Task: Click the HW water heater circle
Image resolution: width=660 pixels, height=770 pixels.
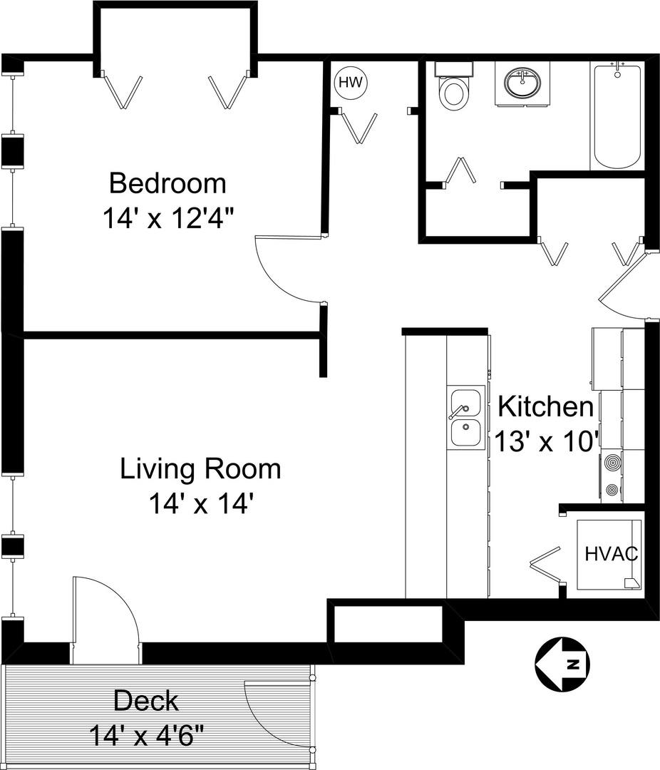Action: tap(351, 82)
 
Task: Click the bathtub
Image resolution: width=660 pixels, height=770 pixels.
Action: tap(617, 116)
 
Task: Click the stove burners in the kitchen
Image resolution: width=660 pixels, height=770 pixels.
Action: tap(612, 476)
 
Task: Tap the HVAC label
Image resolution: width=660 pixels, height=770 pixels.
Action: tap(612, 553)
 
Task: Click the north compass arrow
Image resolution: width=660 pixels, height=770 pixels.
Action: tap(562, 665)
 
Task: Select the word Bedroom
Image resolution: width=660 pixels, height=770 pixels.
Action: tap(167, 183)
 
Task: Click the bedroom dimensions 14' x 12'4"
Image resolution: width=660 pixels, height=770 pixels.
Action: tap(167, 219)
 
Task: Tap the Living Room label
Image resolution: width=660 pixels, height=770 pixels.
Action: tap(200, 469)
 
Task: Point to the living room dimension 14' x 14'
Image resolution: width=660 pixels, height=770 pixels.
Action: tap(200, 504)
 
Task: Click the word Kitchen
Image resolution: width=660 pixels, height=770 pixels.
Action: tap(546, 406)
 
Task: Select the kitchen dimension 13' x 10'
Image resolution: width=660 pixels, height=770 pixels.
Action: tap(546, 441)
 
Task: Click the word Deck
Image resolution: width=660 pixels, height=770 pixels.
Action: tap(146, 701)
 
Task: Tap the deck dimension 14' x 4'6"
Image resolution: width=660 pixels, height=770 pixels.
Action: tap(146, 736)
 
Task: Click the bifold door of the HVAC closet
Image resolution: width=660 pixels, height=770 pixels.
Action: tap(546, 565)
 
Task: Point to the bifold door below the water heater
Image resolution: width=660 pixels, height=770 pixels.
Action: tap(359, 128)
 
